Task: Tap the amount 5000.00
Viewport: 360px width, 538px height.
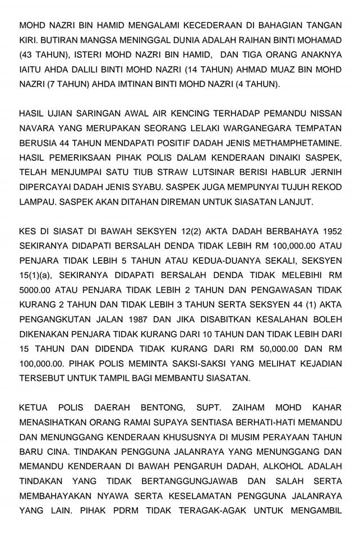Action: tap(37, 290)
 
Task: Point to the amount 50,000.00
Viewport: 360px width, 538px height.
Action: tap(277, 348)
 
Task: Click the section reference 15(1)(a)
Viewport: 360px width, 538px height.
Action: tap(37, 275)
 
